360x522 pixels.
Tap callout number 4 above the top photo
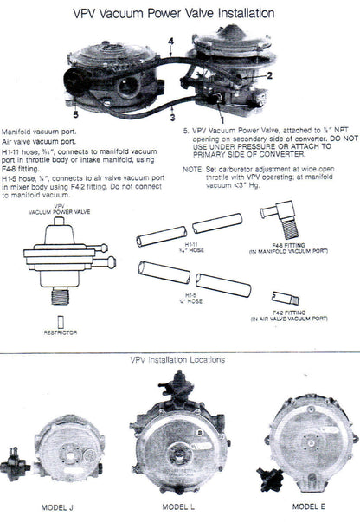coord(171,41)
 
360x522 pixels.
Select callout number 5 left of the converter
coord(77,112)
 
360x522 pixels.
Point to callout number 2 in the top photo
coord(269,75)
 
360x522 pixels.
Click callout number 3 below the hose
coord(172,117)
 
